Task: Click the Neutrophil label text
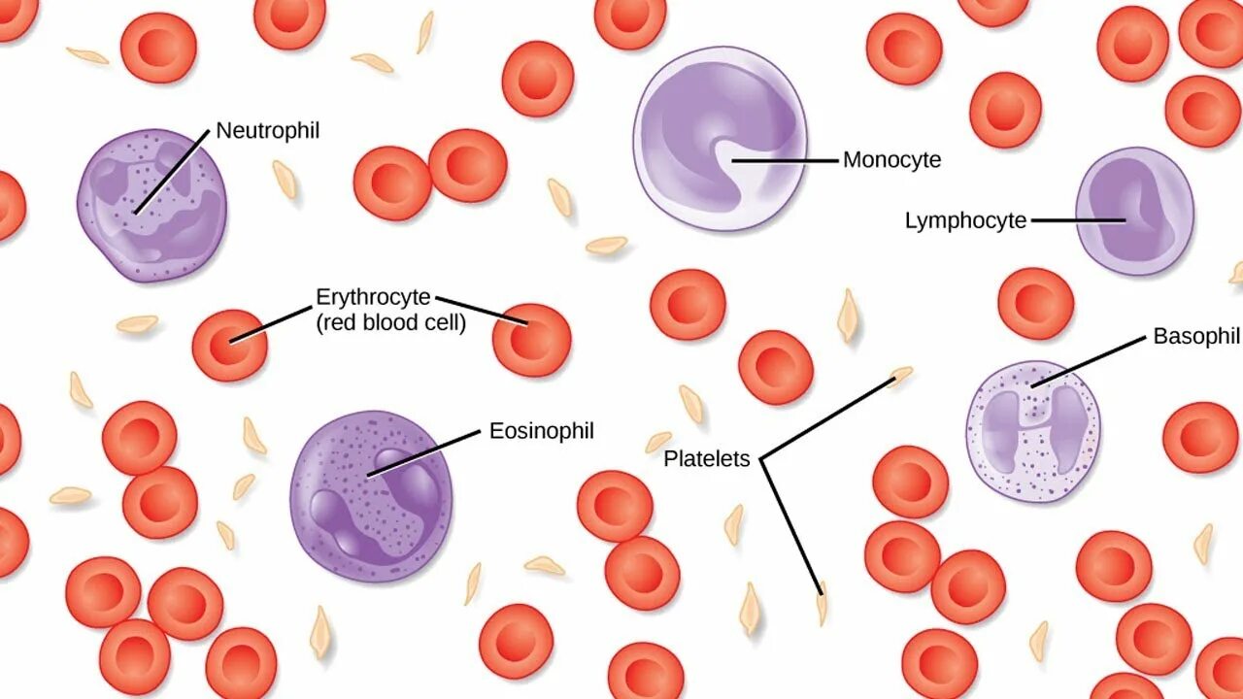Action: coord(267,130)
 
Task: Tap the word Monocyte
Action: coord(891,160)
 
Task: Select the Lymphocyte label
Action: coord(965,221)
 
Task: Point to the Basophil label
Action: coord(1196,337)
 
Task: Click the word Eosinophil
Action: coord(541,431)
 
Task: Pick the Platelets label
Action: coord(707,459)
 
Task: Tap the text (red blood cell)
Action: coord(391,323)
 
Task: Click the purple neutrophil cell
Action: coord(151,206)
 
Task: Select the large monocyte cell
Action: coord(720,139)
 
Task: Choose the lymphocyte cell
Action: coord(1134,211)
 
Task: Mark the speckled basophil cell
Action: coord(1032,431)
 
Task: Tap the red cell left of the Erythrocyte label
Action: coord(229,345)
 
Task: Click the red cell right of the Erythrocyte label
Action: coord(531,340)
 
